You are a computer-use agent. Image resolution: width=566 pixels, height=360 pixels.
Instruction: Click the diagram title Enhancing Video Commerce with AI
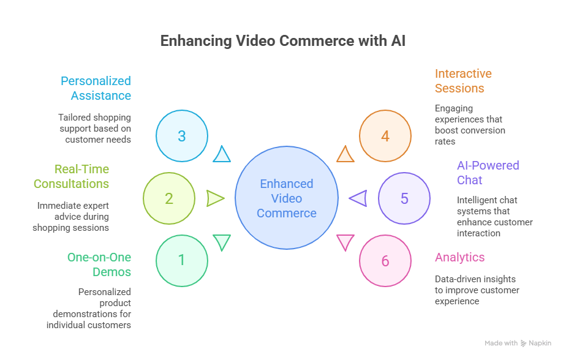coord(282,42)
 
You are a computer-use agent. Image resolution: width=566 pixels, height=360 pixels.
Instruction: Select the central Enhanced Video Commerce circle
coord(287,198)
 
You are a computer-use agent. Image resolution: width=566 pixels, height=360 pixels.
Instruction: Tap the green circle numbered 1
coord(182,260)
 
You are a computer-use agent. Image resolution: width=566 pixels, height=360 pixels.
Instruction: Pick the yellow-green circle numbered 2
coord(169,198)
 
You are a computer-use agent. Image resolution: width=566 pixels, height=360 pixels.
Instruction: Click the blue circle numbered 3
coord(182,136)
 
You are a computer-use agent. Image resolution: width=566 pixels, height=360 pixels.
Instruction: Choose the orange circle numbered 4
coord(385,136)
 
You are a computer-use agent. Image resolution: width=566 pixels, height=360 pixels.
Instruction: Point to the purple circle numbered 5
coord(404,198)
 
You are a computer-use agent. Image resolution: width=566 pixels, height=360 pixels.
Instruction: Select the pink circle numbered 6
coord(385,261)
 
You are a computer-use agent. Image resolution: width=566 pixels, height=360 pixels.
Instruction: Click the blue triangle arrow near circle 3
coord(222,155)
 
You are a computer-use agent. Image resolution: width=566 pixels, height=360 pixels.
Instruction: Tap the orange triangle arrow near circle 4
coord(345,155)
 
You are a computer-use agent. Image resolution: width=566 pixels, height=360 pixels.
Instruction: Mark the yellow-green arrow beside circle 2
coord(215,198)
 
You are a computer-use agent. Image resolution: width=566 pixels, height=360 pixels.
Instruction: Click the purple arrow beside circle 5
coord(358,198)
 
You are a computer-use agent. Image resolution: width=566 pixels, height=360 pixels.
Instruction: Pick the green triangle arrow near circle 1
coord(222,242)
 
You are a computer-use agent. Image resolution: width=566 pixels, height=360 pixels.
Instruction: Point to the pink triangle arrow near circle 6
coord(345,242)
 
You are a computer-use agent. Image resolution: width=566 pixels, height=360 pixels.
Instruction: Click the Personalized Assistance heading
coord(96,88)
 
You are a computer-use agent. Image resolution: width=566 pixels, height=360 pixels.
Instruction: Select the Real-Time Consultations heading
coord(72,176)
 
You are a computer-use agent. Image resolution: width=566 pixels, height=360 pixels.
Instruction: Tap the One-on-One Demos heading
coord(99,264)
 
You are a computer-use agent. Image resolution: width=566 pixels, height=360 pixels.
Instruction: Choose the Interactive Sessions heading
coord(463,81)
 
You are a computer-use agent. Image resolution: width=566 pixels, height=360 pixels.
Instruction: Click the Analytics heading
coord(459,257)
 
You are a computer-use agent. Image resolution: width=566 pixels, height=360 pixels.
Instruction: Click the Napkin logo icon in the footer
coord(523,344)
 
